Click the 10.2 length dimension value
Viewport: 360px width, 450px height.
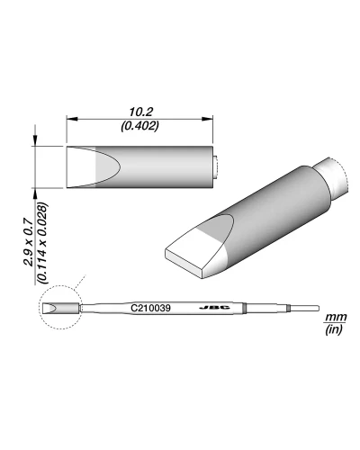click(140, 111)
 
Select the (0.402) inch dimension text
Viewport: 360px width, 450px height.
click(140, 126)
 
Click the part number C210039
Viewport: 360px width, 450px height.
click(149, 308)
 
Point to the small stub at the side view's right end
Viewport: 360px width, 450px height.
click(219, 167)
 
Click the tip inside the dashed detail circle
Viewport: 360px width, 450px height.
click(52, 309)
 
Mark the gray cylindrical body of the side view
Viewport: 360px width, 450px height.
click(162, 166)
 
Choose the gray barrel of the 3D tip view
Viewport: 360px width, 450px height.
click(270, 202)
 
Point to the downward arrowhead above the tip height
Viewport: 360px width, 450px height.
click(36, 141)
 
